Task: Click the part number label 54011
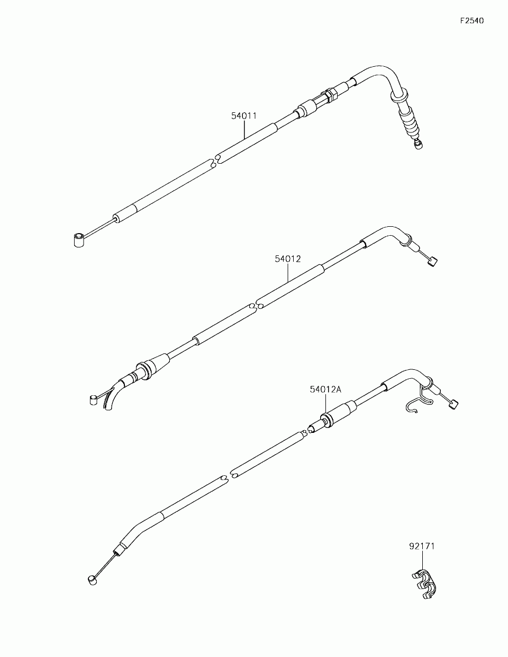(x=243, y=115)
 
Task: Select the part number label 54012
(x=287, y=259)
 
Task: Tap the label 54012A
(x=325, y=389)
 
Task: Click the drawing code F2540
(x=471, y=21)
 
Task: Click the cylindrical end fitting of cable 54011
(x=78, y=240)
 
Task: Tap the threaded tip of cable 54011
(x=419, y=144)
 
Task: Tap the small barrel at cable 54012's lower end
(x=93, y=399)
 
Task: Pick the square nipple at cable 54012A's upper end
(x=452, y=405)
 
